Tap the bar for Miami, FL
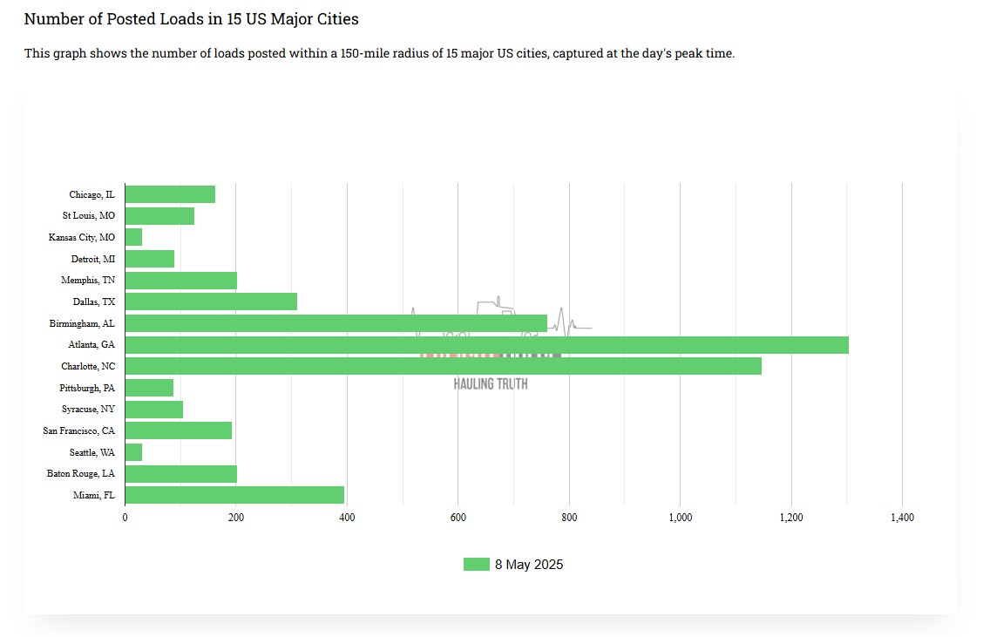coord(234,495)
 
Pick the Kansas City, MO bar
coord(133,237)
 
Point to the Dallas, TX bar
coord(211,302)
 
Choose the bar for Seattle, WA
coord(133,452)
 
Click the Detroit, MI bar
coord(150,259)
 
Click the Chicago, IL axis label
coord(92,194)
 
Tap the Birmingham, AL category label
coord(82,323)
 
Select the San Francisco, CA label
coord(79,430)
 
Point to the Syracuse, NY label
coord(88,409)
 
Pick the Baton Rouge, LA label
coord(81,474)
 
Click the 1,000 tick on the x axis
coord(680,518)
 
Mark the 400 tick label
coord(347,518)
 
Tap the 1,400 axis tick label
coord(902,518)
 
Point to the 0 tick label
coord(125,518)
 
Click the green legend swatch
coord(476,565)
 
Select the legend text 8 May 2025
coord(529,565)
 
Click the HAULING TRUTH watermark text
coord(491,384)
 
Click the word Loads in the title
coord(177,18)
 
